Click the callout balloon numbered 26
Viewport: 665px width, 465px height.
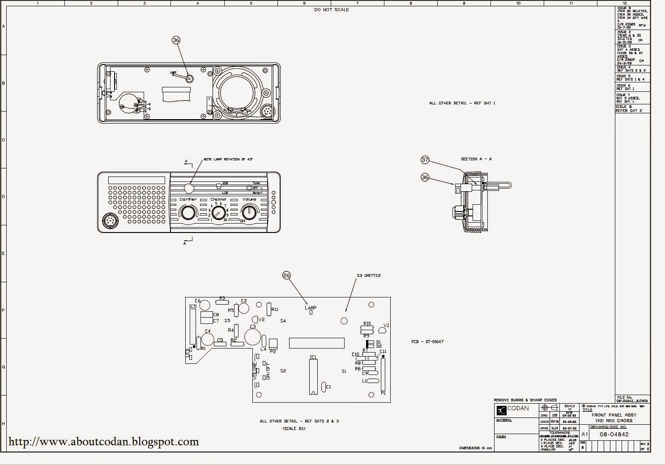pyautogui.click(x=287, y=275)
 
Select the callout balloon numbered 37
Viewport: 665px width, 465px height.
pyautogui.click(x=425, y=159)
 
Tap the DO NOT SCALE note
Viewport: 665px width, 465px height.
pyautogui.click(x=331, y=10)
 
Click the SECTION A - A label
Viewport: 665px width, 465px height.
pyautogui.click(x=476, y=159)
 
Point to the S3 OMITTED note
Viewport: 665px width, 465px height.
pyautogui.click(x=369, y=276)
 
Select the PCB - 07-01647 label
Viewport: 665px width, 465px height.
pyautogui.click(x=427, y=342)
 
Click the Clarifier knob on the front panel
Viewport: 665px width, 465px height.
pyautogui.click(x=188, y=212)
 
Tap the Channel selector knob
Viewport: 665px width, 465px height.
pyautogui.click(x=218, y=212)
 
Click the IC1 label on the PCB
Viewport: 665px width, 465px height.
pyautogui.click(x=313, y=357)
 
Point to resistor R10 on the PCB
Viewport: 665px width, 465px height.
pyautogui.click(x=367, y=323)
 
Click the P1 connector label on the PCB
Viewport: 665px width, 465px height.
pyautogui.click(x=383, y=393)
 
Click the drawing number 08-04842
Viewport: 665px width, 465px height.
pyautogui.click(x=614, y=434)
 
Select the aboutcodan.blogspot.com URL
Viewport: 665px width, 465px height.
pyautogui.click(x=104, y=442)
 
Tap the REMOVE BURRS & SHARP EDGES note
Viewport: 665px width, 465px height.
pyautogui.click(x=525, y=400)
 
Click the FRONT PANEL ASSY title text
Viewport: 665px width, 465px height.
pyautogui.click(x=614, y=415)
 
